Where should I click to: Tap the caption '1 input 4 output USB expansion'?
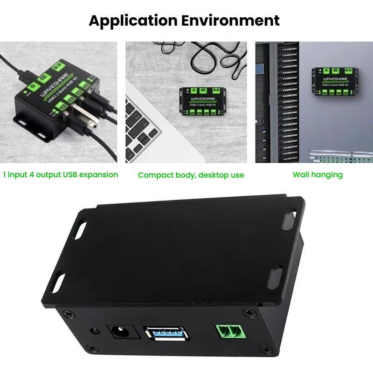pyautogui.click(x=61, y=175)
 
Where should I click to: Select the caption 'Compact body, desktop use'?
pyautogui.click(x=191, y=175)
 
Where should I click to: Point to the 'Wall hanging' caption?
pyautogui.click(x=318, y=175)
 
